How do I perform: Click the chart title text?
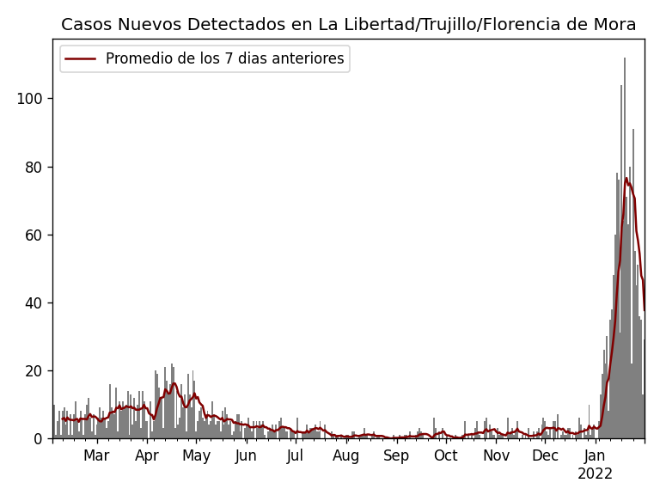(x=348, y=25)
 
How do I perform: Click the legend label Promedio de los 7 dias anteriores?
(x=224, y=59)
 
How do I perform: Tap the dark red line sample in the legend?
(x=82, y=59)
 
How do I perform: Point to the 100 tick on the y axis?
(x=30, y=99)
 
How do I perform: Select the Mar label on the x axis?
(x=96, y=456)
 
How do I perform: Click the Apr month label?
(x=147, y=456)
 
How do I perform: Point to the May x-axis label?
(x=197, y=456)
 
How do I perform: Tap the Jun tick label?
(x=246, y=456)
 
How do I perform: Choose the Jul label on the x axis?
(x=295, y=456)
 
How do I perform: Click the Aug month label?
(x=346, y=456)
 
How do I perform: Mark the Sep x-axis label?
(x=396, y=456)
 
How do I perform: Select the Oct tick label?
(x=446, y=456)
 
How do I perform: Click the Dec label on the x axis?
(x=545, y=456)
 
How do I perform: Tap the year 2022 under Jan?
(x=595, y=474)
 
